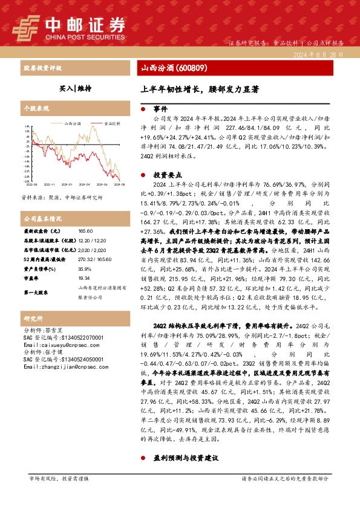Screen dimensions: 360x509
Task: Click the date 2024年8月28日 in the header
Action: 320,54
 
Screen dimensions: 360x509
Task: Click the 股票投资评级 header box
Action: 42,68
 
